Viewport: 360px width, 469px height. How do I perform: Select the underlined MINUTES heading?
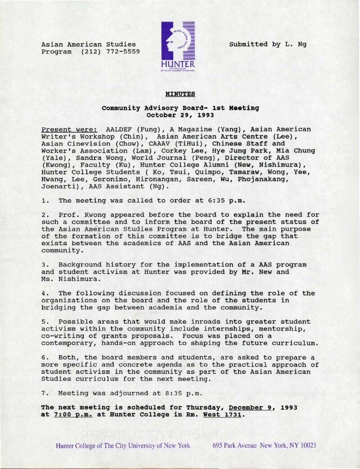(x=180, y=94)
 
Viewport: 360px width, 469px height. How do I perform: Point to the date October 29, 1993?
(x=180, y=115)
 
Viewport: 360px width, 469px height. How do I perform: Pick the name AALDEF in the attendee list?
(x=118, y=129)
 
